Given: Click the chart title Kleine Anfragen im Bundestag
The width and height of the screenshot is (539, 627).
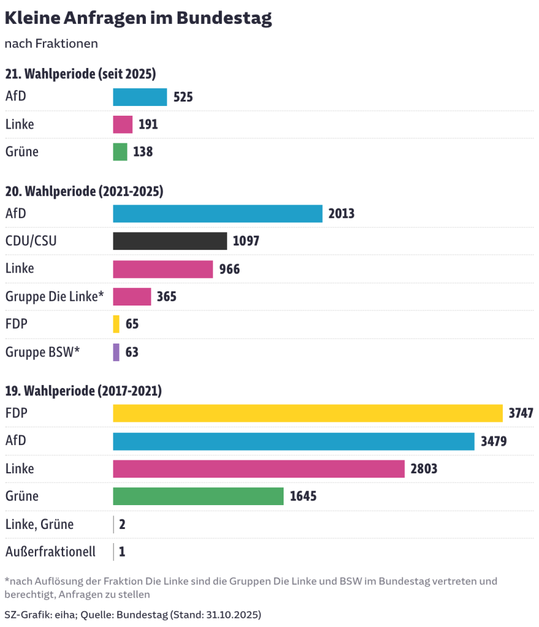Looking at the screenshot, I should coord(138,18).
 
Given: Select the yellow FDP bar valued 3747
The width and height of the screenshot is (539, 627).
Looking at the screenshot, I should coord(307,413).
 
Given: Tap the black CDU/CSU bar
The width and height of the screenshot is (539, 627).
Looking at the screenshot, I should coord(170,241).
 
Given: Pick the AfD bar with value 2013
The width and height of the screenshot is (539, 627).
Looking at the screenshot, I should coord(217,213).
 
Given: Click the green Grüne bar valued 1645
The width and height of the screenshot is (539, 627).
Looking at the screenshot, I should coord(198,496).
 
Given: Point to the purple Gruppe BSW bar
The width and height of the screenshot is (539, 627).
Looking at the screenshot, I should coord(116,352).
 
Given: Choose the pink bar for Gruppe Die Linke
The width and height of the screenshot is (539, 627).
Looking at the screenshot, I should coord(132,296).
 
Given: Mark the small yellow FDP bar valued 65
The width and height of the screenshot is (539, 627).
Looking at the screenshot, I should coord(116,324).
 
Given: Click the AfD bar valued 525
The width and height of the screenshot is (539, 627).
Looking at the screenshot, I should coord(140,97).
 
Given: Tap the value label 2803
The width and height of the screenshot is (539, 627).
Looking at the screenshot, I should coord(424,469).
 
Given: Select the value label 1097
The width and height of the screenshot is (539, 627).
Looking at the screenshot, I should coord(246,241).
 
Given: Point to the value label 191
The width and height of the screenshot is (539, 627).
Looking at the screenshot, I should coord(148,124).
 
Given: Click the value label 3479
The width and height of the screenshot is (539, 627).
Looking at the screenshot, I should coord(494,441).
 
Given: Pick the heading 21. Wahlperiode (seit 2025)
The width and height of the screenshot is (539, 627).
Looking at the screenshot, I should coord(80,74).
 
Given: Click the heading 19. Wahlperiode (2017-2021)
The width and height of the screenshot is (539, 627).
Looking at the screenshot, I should coord(83,391).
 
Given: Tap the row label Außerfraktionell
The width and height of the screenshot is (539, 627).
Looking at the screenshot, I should coord(50,552).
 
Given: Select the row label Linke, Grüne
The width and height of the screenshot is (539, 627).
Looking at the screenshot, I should coord(39,524).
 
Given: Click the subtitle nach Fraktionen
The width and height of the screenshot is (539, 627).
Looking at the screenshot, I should coord(51,44).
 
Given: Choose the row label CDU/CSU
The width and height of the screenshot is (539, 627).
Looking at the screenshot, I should coord(31,241).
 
